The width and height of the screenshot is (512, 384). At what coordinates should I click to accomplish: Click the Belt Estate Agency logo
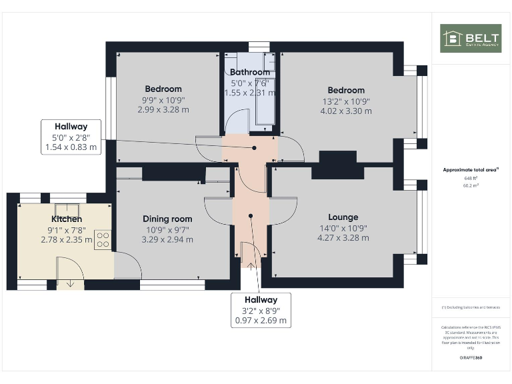pyautogui.click(x=470, y=39)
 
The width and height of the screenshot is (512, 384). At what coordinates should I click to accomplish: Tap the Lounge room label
pyautogui.click(x=343, y=217)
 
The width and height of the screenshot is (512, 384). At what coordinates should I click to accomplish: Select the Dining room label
pyautogui.click(x=167, y=219)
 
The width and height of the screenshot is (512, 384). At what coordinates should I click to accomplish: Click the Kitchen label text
pyautogui.click(x=67, y=219)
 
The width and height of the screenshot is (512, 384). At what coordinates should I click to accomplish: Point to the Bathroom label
pyautogui.click(x=250, y=72)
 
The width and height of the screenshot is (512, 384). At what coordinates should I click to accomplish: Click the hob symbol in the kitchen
pyautogui.click(x=103, y=239)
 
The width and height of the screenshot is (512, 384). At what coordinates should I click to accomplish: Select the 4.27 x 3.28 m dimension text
pyautogui.click(x=343, y=237)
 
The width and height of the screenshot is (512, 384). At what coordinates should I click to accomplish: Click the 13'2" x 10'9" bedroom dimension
pyautogui.click(x=345, y=101)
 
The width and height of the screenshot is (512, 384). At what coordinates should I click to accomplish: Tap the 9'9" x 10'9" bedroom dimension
pyautogui.click(x=163, y=100)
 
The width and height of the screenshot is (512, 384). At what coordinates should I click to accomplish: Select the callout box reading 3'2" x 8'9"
pyautogui.click(x=260, y=310)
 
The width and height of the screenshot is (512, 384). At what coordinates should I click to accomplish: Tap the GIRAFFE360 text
pyautogui.click(x=471, y=358)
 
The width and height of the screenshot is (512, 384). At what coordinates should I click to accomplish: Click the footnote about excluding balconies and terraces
pyautogui.click(x=471, y=307)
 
